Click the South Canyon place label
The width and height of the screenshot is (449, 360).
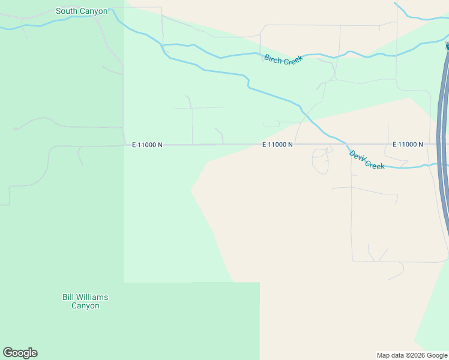82,11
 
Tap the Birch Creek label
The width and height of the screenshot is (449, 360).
283,59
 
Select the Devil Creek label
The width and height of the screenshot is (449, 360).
367,160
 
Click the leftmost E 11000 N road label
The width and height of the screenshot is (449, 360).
147,145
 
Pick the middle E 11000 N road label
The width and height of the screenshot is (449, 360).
277,145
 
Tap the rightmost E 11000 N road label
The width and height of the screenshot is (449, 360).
408,145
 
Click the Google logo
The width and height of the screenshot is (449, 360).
20,353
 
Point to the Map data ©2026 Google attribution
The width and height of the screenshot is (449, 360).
412,355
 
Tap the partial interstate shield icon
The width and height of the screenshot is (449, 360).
447,46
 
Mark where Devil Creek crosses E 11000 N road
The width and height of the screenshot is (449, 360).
344,144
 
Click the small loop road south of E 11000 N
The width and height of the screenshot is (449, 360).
321,161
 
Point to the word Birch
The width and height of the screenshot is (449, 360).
274,58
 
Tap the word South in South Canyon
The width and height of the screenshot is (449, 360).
67,11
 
